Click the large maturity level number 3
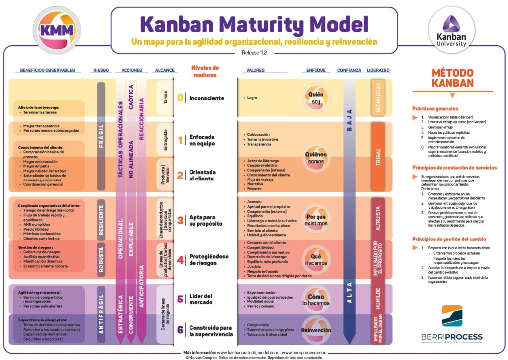[180, 220]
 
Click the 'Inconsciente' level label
[206, 98]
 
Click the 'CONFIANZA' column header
[349, 70]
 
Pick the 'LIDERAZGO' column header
[378, 70]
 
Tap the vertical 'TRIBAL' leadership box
[378, 157]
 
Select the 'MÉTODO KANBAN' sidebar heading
[452, 78]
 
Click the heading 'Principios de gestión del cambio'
[449, 239]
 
